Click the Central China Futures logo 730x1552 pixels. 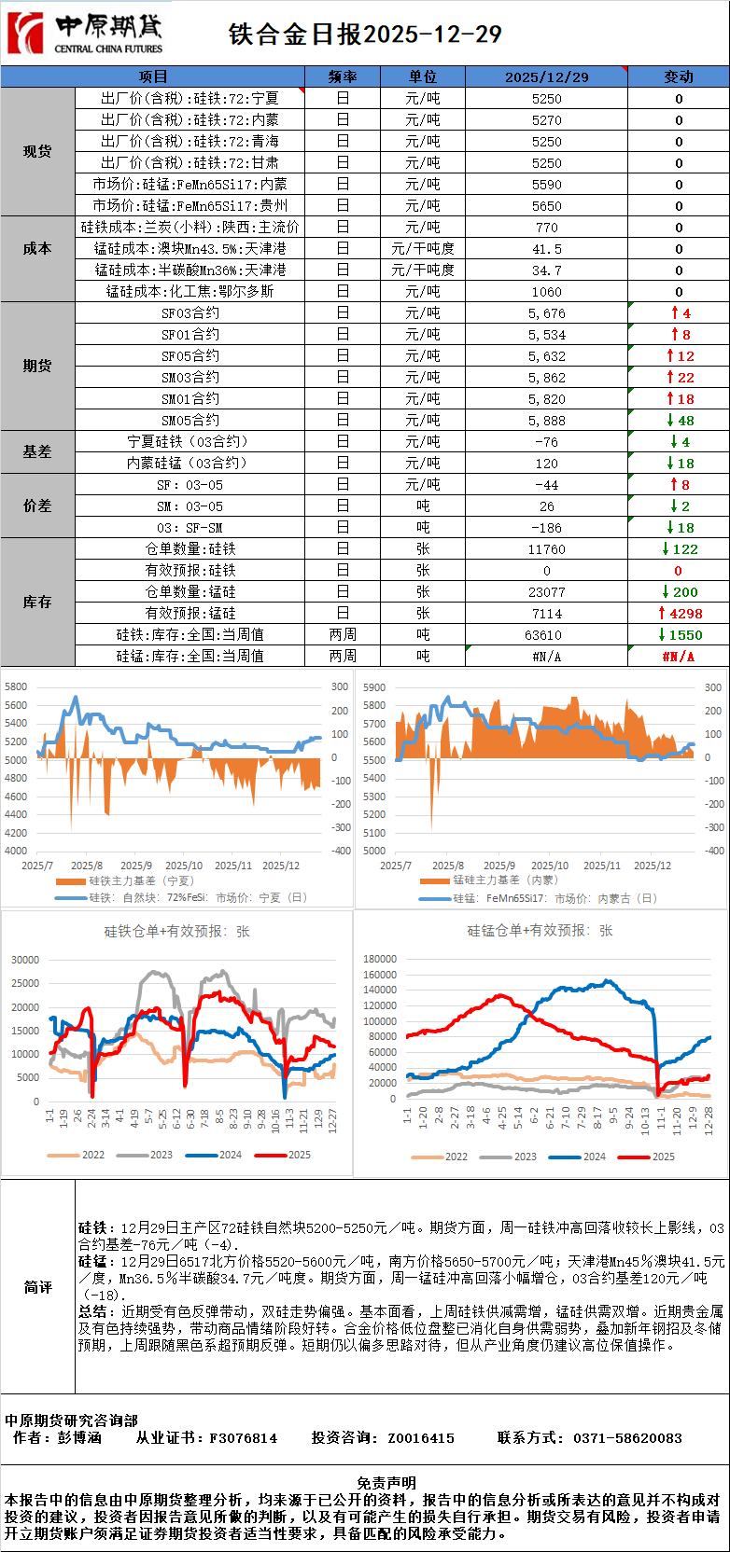click(x=85, y=34)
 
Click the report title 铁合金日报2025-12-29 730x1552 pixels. click(x=365, y=35)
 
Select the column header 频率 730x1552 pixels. click(x=343, y=76)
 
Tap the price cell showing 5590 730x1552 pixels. click(x=546, y=185)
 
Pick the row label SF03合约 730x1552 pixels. click(x=190, y=313)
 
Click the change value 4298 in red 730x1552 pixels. click(x=680, y=614)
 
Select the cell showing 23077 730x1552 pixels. click(x=546, y=592)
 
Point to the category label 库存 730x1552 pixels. click(x=37, y=603)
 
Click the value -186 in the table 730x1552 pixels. click(x=546, y=528)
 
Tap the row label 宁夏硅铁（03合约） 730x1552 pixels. click(x=190, y=442)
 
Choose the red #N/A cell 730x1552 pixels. click(x=678, y=657)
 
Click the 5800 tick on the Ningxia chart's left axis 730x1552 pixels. click(x=16, y=686)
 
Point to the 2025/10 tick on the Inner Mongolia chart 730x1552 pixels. click(x=550, y=866)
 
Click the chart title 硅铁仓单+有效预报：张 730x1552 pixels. click(x=176, y=931)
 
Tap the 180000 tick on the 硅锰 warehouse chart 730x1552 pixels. click(x=380, y=959)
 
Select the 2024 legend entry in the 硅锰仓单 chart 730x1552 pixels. click(x=583, y=1157)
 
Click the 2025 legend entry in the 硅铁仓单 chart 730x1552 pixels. click(x=289, y=1155)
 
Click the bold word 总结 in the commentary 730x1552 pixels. click(x=91, y=1311)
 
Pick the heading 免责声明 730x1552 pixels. click(x=386, y=1483)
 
